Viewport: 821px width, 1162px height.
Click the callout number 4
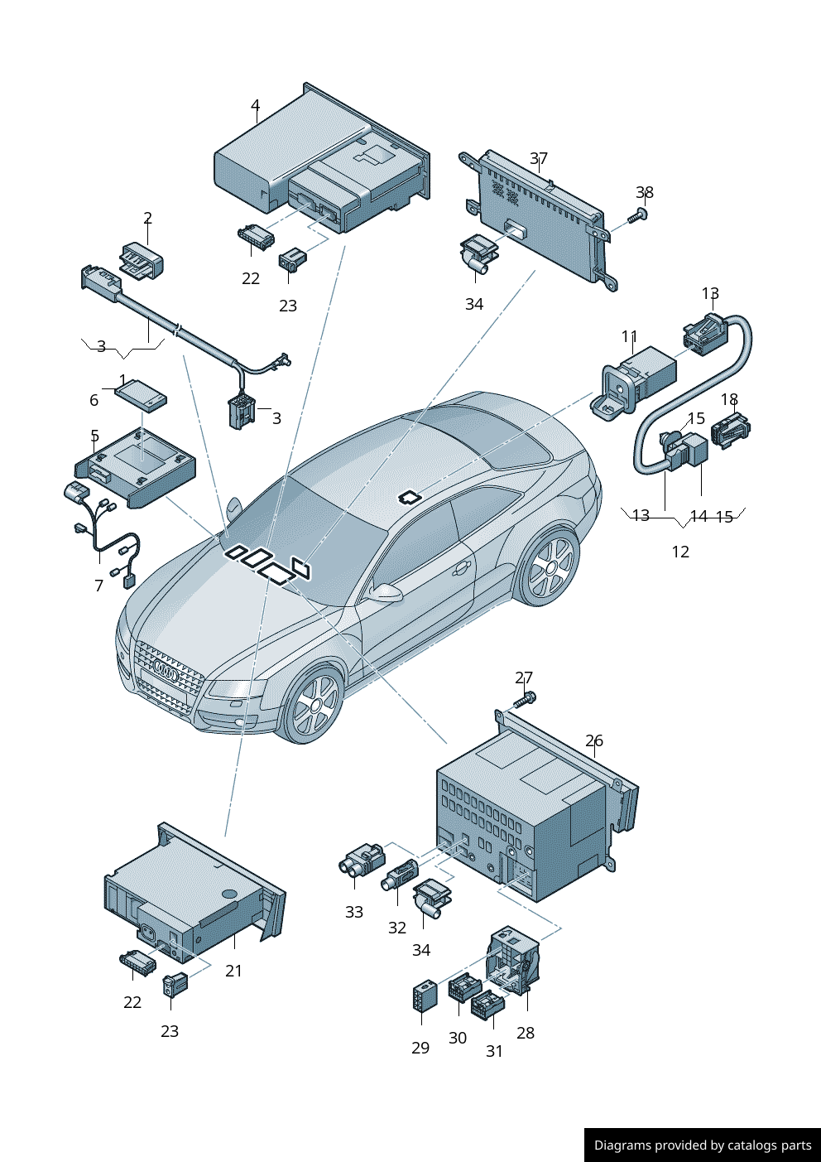(255, 106)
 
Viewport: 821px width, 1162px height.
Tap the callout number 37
(539, 158)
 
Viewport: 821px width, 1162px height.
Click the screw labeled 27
(525, 700)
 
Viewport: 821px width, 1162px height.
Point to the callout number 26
(594, 740)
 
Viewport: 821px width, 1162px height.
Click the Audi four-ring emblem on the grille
(166, 674)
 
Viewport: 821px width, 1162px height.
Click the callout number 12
(680, 552)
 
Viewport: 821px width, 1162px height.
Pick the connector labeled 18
(730, 431)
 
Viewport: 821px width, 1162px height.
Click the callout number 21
(234, 970)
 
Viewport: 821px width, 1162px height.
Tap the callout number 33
(354, 912)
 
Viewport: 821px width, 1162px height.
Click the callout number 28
(526, 1033)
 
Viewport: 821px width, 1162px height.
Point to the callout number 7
(99, 586)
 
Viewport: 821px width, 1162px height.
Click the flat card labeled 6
(141, 396)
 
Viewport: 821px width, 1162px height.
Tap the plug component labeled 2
(142, 260)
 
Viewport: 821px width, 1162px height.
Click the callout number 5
(95, 436)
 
